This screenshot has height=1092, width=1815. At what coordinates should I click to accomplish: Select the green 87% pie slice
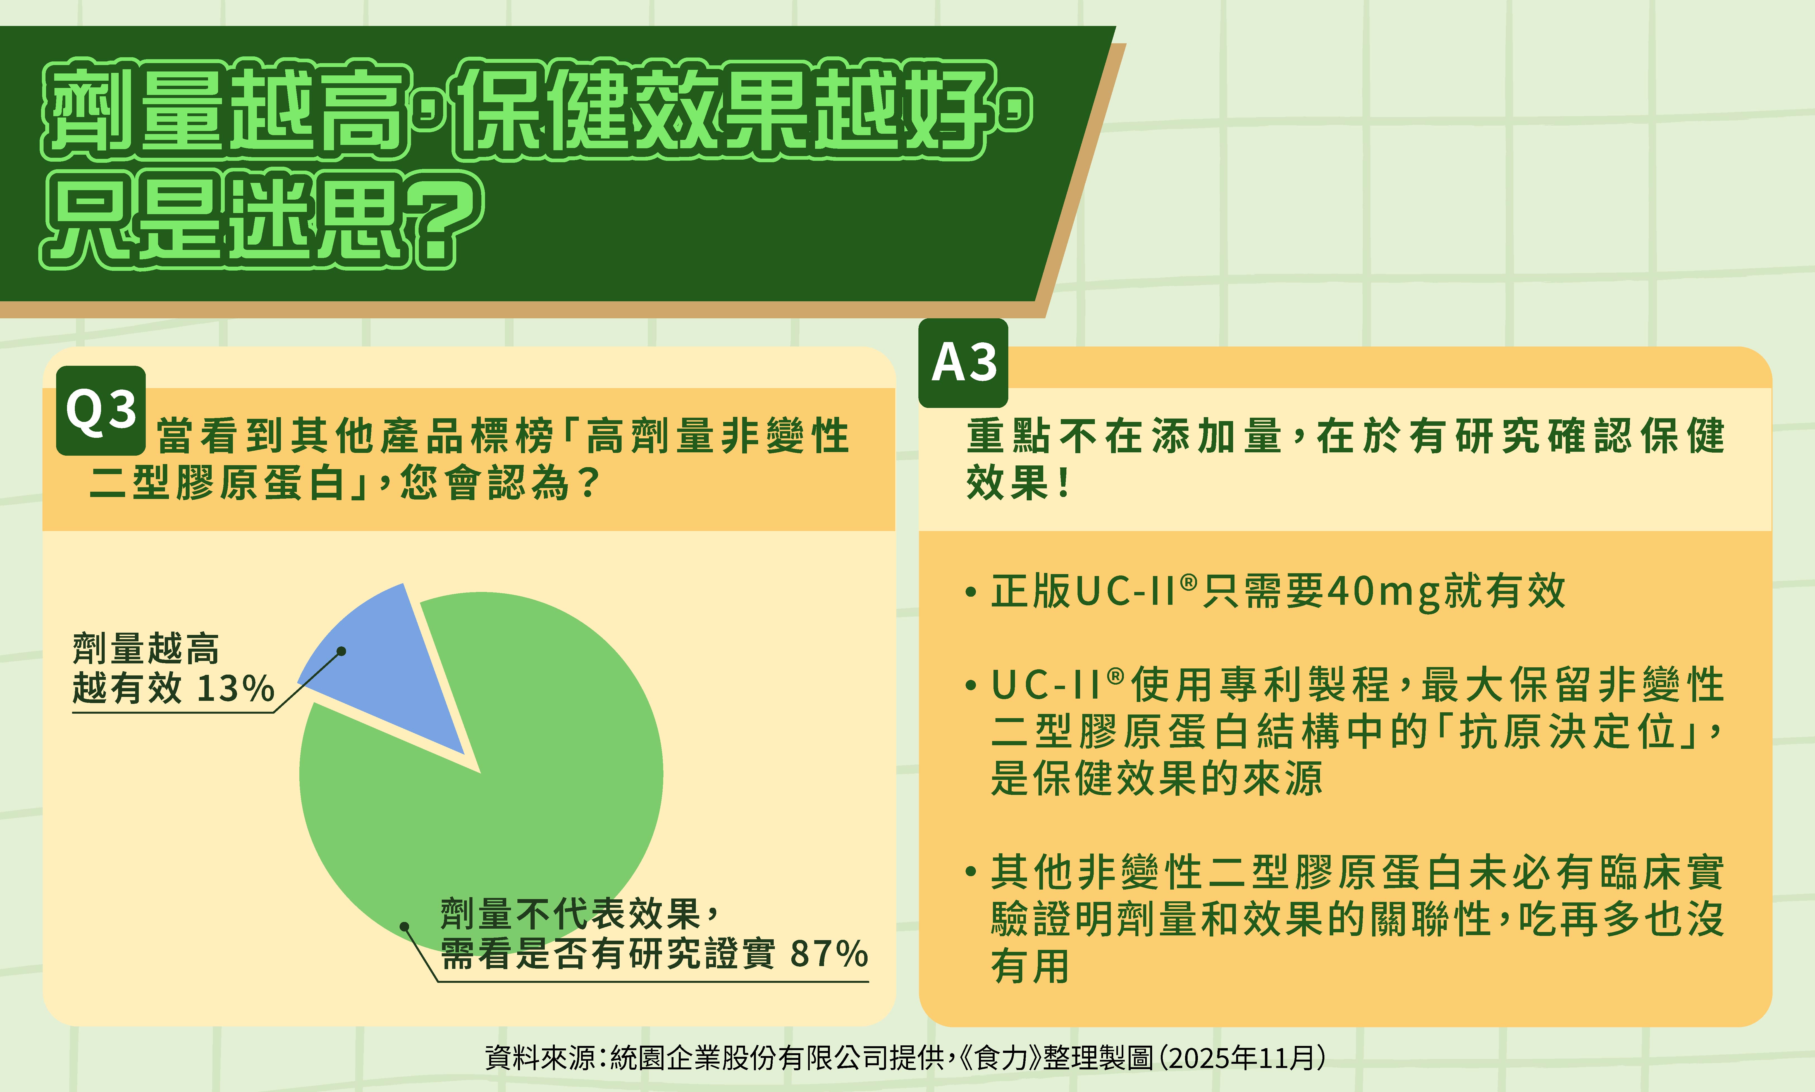(500, 795)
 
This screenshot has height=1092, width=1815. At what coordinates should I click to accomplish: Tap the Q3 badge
(101, 410)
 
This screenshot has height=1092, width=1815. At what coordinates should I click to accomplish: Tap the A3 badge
(963, 363)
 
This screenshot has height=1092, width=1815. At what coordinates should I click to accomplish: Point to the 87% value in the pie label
(829, 954)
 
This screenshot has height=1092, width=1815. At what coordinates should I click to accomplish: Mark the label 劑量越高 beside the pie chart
(146, 649)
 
